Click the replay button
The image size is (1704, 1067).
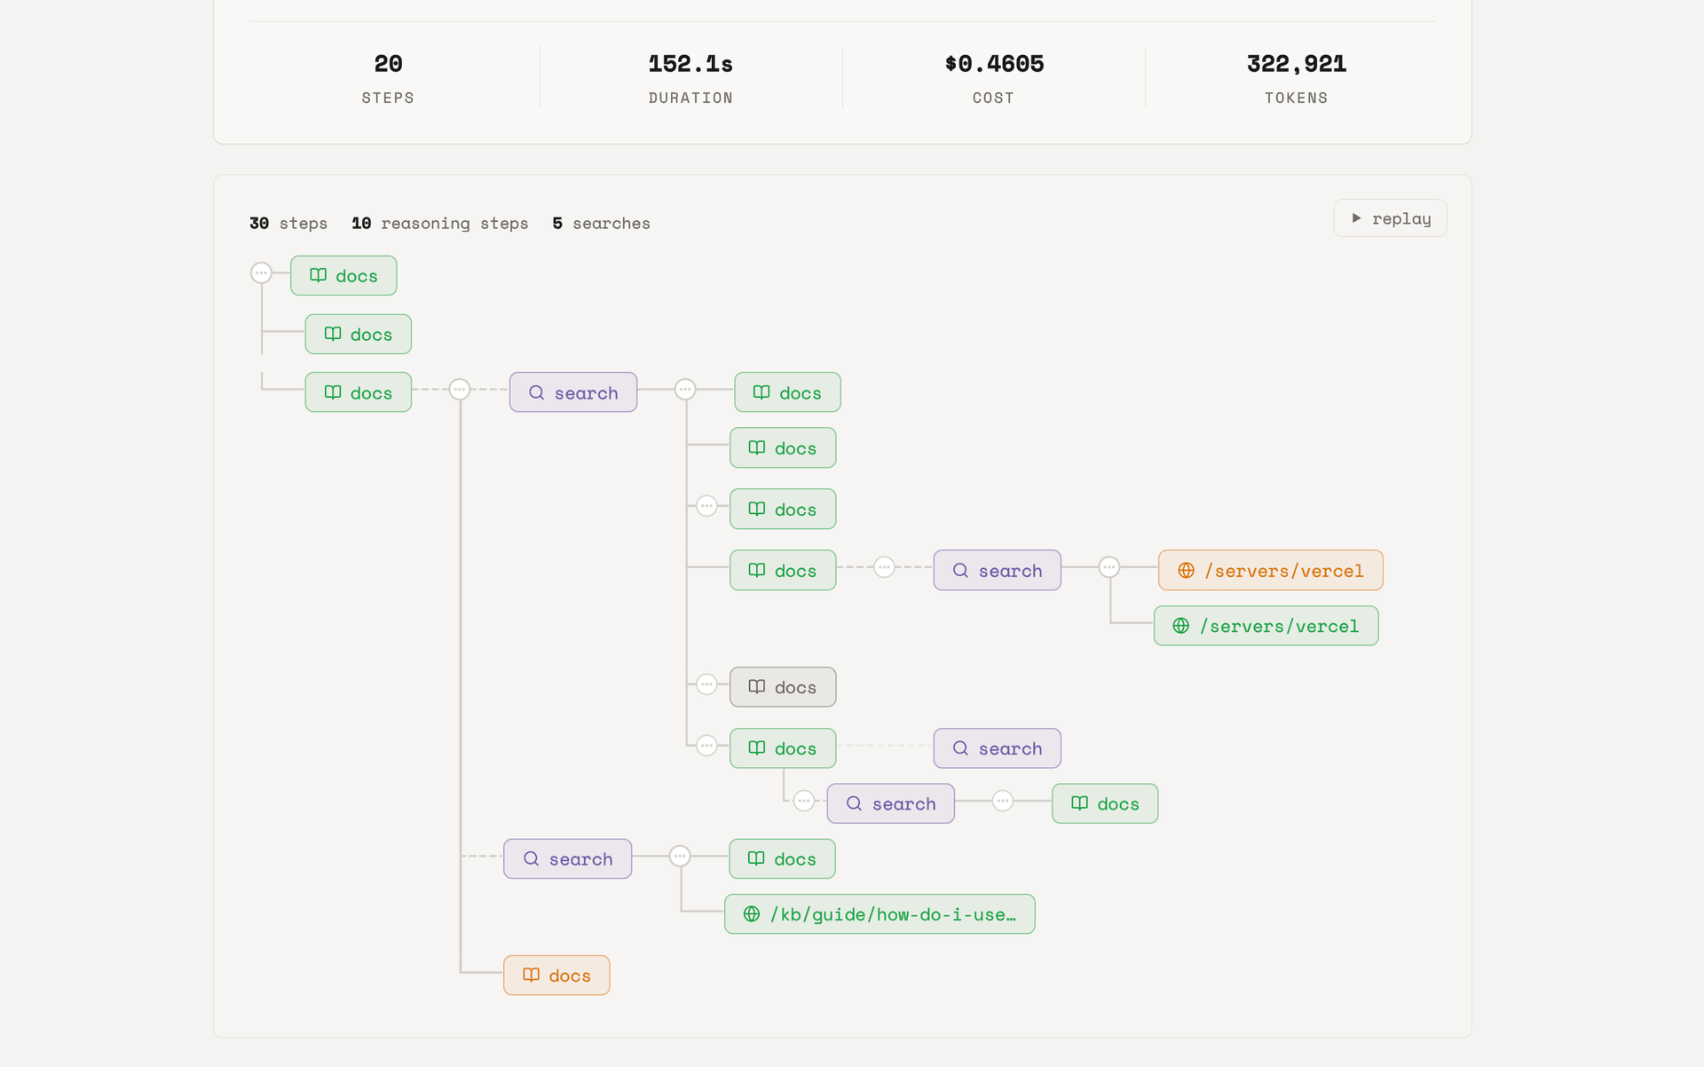1390,218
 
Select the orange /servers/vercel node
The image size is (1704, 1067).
1270,570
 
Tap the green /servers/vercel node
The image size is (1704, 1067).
1266,626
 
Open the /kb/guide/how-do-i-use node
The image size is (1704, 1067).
880,913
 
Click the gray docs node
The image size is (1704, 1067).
783,687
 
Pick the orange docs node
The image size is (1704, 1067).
556,975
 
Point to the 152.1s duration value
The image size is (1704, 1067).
690,64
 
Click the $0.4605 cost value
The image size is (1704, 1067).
994,64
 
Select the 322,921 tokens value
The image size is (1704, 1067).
1297,64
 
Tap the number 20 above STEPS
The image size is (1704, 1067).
388,64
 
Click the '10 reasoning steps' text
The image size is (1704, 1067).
439,224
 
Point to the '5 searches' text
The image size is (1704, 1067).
601,224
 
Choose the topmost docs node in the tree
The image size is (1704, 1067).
343,275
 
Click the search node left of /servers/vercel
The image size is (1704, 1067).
997,570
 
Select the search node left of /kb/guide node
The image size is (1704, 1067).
567,858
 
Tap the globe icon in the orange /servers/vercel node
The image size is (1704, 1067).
1186,570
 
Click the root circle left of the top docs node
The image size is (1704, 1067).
261,273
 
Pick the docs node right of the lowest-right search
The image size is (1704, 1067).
1105,803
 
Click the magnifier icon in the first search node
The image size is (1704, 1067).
536,392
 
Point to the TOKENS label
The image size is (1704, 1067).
1296,98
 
